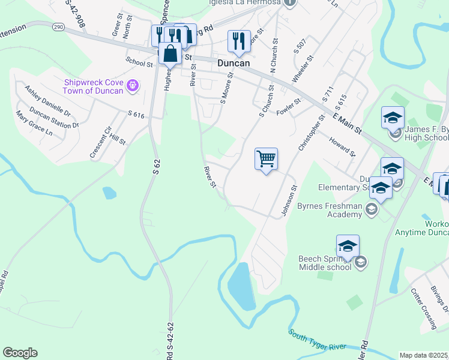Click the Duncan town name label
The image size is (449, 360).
(233, 61)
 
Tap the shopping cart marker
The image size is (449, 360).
(266, 160)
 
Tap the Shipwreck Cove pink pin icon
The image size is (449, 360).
(133, 86)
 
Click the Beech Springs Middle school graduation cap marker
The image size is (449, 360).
(348, 247)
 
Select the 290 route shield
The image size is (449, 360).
(58, 27)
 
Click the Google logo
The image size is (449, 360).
(20, 353)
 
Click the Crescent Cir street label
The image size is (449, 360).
(100, 143)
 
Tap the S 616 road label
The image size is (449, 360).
(137, 113)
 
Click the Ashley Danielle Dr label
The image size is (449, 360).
(47, 100)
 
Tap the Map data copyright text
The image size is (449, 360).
(423, 355)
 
